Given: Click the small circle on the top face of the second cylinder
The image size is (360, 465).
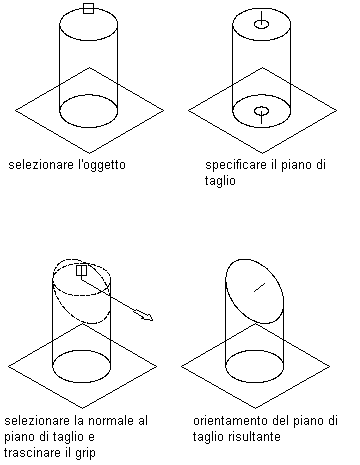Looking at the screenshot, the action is click(261, 24).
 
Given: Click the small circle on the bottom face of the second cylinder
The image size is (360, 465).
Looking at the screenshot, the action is click(261, 111).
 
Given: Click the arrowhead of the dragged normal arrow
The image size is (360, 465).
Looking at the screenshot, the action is click(147, 316).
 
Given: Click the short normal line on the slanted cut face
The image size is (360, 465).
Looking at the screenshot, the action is click(259, 287).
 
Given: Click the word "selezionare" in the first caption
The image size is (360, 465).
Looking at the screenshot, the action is click(41, 165).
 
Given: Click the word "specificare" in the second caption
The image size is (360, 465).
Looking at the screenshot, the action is click(236, 165).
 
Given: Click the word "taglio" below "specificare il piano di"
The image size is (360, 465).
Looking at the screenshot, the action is click(220, 181).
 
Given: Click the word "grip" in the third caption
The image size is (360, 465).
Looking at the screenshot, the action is click(86, 454).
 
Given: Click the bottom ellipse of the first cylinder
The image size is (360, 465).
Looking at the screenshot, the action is click(89, 127).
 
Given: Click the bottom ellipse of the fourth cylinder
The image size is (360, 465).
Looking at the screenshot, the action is click(255, 382).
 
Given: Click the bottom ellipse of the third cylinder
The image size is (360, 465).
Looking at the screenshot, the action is click(82, 382).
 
